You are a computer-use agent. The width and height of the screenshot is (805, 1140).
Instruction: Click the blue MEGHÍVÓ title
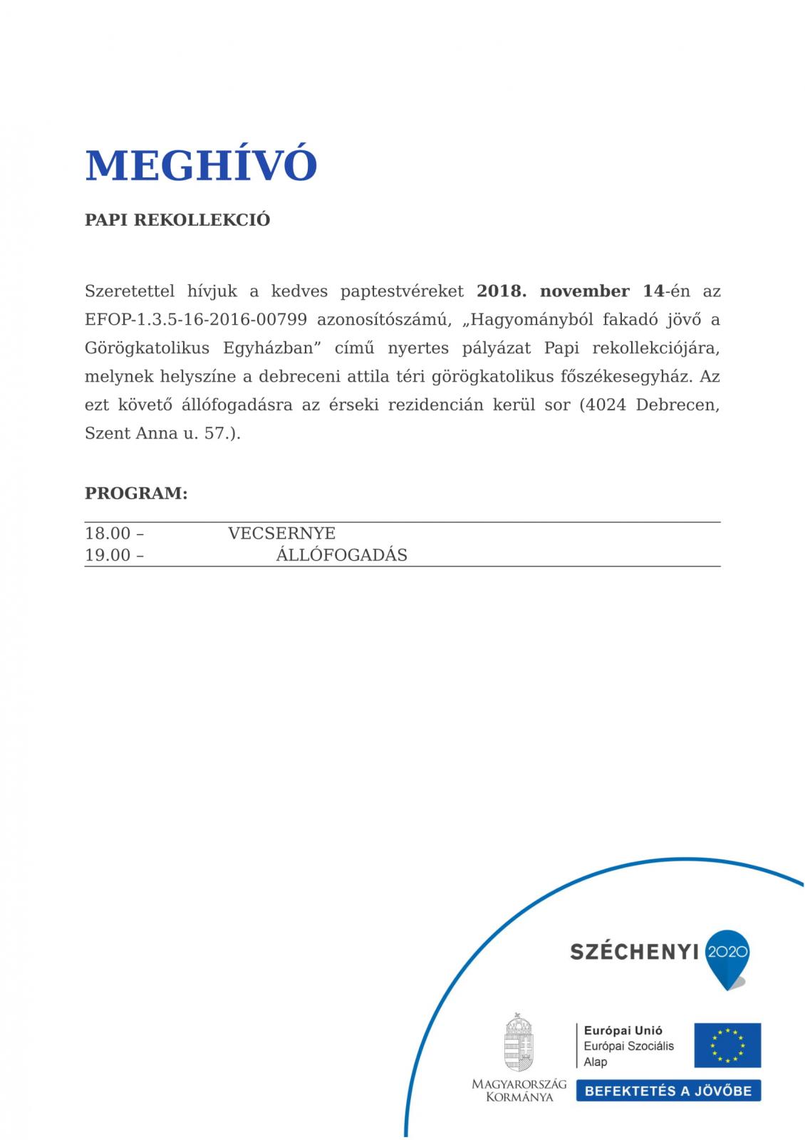click(x=200, y=165)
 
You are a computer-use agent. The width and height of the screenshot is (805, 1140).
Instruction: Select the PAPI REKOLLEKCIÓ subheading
click(x=177, y=220)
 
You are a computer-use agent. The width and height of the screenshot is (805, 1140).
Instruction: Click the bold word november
click(x=584, y=291)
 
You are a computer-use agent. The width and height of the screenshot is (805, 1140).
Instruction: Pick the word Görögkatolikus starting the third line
click(x=147, y=348)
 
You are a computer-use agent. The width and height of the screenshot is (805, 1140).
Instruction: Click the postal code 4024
click(x=606, y=405)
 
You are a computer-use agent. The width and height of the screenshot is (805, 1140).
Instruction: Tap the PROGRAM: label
click(x=136, y=493)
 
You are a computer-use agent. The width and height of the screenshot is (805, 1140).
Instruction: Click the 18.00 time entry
click(x=108, y=534)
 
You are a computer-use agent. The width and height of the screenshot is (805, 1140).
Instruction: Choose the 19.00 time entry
click(x=108, y=555)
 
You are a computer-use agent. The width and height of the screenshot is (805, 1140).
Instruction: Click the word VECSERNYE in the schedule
click(x=281, y=534)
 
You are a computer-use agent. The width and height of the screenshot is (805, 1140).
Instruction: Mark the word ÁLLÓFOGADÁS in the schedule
click(x=341, y=555)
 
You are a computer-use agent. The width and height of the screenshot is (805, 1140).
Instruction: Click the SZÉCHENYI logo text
click(x=634, y=952)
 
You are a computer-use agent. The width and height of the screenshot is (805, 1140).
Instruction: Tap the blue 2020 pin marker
click(x=727, y=955)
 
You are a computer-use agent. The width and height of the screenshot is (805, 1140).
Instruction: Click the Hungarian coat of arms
click(x=519, y=1042)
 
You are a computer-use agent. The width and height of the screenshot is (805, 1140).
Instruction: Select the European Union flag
click(x=727, y=1045)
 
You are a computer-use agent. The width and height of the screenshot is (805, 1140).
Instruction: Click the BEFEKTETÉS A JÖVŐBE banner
click(x=668, y=1091)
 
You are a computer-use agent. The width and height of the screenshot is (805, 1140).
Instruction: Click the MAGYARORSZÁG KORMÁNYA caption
click(x=519, y=1090)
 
